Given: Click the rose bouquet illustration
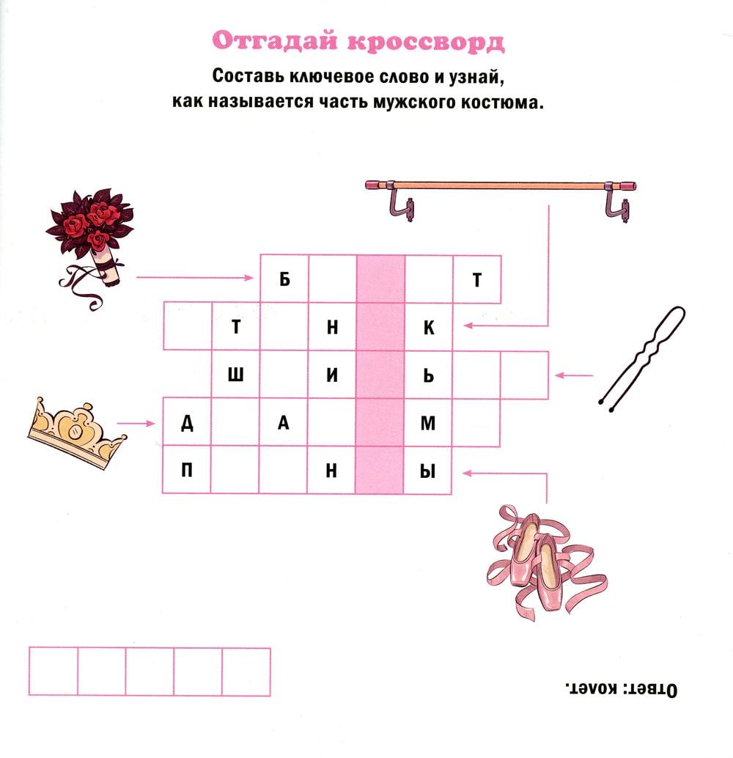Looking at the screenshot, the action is coord(89,242).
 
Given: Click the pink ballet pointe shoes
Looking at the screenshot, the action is coord(545,562).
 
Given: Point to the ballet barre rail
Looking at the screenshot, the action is coord(501,185).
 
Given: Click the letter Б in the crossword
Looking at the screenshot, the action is coord(285,279).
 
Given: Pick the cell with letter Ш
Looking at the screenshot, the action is coord(235,375).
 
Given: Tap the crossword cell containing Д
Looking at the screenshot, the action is coord(187,422).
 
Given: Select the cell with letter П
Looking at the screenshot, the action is coord(187,470).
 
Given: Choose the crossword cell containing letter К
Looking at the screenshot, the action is coord(428,327).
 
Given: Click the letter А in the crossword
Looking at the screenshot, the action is coord(284,423).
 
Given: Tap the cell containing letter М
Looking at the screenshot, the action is coord(428,423).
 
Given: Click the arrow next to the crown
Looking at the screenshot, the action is coord(136,424).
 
